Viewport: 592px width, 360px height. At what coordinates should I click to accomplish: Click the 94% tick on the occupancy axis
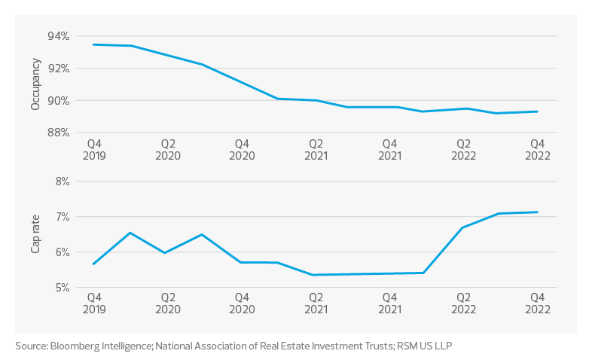click(x=60, y=36)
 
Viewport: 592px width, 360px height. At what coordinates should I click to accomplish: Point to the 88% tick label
click(x=60, y=133)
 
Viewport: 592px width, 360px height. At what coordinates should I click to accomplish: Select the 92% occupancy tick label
click(x=60, y=69)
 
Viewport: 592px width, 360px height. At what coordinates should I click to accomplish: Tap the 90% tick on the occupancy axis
click(x=60, y=101)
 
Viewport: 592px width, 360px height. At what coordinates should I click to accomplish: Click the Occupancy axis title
click(x=35, y=85)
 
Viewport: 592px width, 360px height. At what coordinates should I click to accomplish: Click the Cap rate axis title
click(x=35, y=234)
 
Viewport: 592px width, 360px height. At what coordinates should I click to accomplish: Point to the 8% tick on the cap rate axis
click(x=63, y=182)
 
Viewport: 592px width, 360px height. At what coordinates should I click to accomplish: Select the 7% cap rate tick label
click(x=63, y=217)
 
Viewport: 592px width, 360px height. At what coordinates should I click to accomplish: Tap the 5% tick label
click(x=63, y=287)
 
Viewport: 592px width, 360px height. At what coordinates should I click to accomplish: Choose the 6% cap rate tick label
click(x=63, y=252)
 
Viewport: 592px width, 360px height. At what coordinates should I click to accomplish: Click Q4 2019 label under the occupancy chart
click(x=93, y=149)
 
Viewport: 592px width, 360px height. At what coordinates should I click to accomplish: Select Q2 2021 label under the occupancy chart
click(x=316, y=149)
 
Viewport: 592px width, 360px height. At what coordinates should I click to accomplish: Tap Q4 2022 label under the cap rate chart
click(x=538, y=303)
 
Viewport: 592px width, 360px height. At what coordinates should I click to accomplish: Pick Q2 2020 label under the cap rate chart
click(x=167, y=303)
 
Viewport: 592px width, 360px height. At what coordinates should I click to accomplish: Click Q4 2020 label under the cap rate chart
click(x=241, y=303)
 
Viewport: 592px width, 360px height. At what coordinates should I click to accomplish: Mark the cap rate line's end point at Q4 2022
click(x=538, y=212)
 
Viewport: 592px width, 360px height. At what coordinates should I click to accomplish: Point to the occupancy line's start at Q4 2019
click(x=93, y=45)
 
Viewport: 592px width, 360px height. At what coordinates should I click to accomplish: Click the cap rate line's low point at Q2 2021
click(x=316, y=275)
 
